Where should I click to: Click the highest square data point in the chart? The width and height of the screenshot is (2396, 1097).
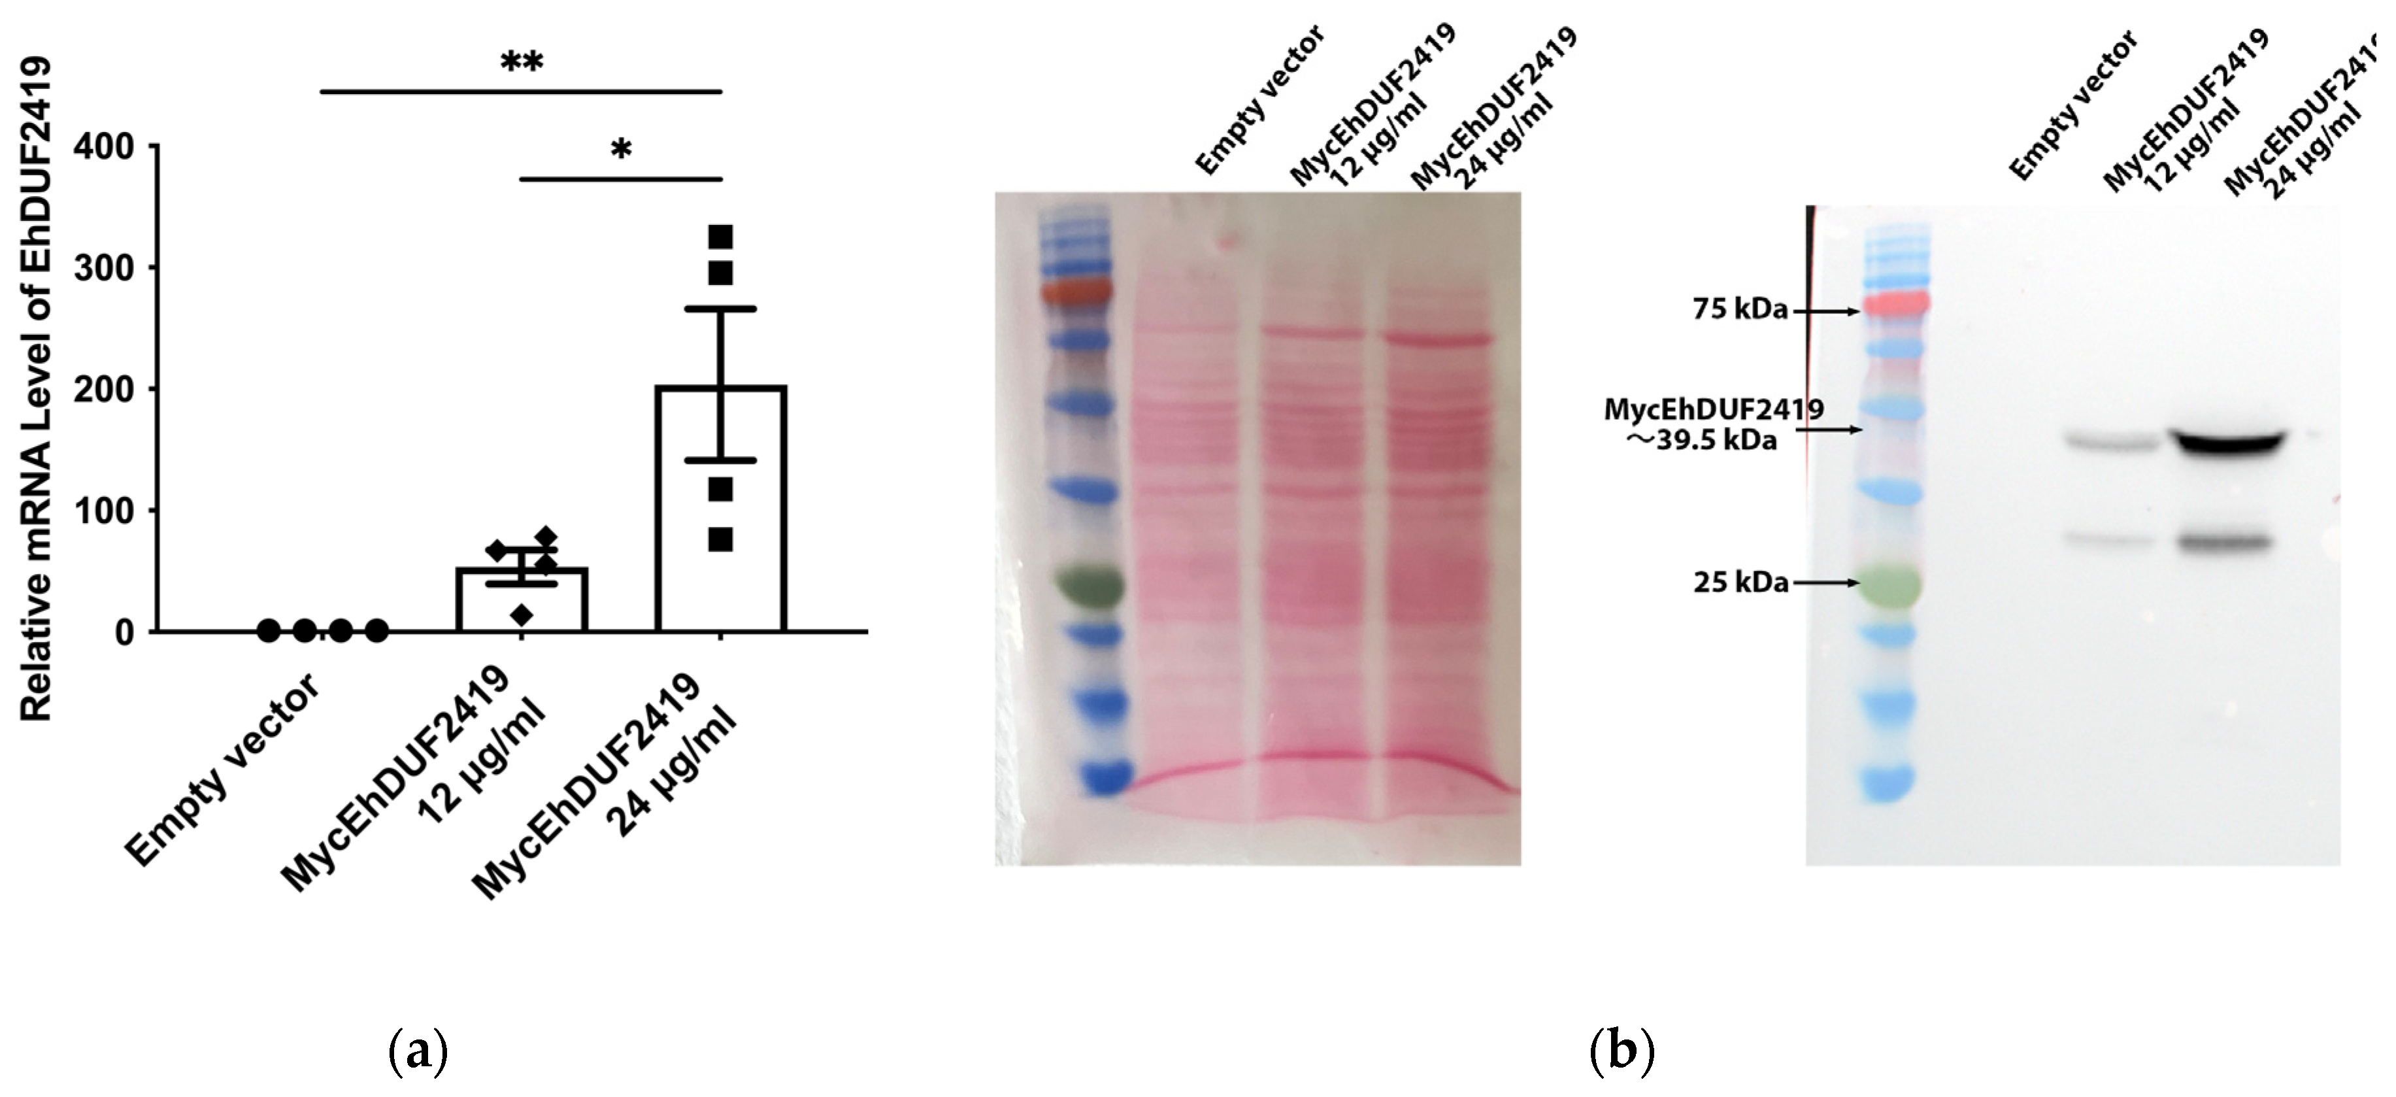[x=721, y=237]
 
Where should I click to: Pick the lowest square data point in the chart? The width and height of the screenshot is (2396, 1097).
[x=721, y=539]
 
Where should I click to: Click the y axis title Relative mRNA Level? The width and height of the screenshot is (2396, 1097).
[x=37, y=391]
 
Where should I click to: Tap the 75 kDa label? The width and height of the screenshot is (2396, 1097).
[x=1739, y=310]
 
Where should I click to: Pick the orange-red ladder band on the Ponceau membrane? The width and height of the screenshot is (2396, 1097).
[x=1076, y=291]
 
